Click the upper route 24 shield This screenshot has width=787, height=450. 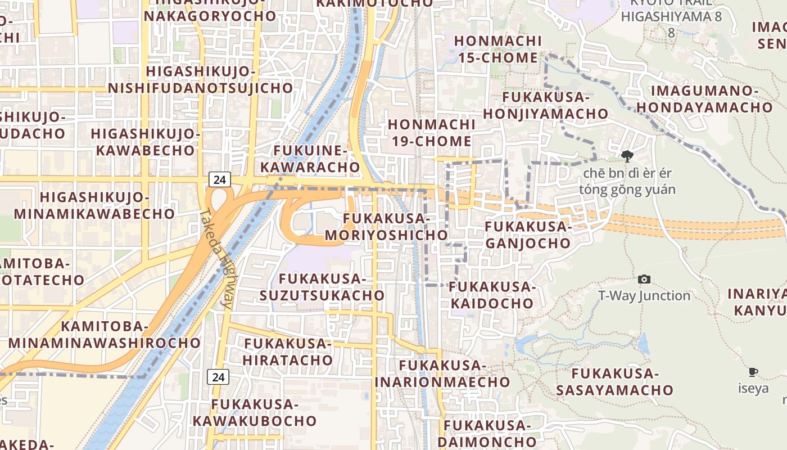[219, 180]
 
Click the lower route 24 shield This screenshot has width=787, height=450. [218, 377]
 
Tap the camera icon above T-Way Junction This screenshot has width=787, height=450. [644, 279]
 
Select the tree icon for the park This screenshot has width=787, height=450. [627, 156]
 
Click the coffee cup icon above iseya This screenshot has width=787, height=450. [753, 372]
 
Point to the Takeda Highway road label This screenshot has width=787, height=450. [219, 259]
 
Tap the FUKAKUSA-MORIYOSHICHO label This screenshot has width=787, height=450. [386, 226]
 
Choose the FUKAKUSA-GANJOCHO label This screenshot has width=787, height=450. [528, 235]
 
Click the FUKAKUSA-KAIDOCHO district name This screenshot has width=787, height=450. [492, 295]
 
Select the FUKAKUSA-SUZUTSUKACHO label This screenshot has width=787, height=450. [322, 287]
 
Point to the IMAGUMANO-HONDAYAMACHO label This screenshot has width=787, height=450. [705, 98]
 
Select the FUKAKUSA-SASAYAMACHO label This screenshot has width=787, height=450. [614, 381]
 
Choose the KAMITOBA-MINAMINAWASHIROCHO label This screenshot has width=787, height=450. [104, 335]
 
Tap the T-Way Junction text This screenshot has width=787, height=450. [644, 296]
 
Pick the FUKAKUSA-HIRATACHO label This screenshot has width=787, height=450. [288, 352]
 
